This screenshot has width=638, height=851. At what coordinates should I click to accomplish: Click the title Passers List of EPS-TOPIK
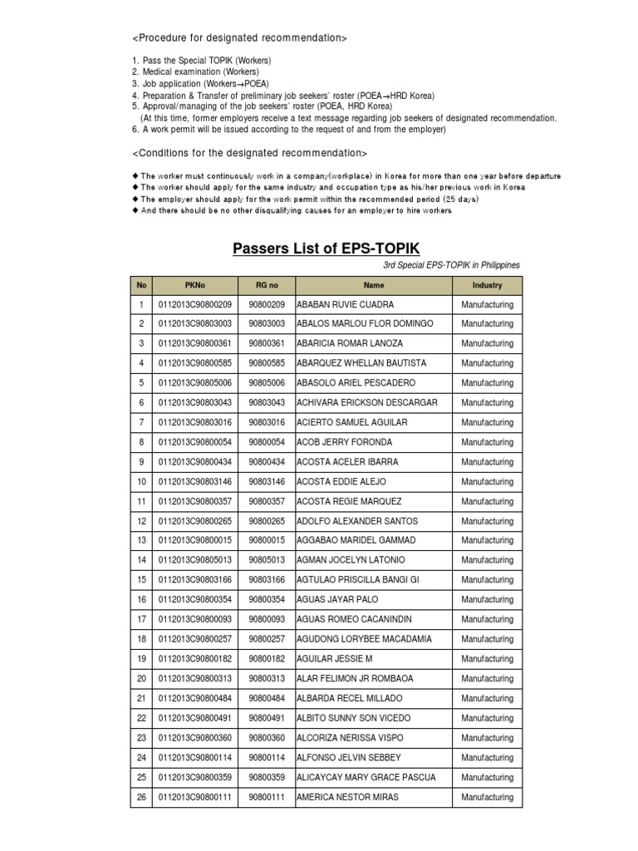coord(326,248)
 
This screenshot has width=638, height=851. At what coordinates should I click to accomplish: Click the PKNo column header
coord(194,285)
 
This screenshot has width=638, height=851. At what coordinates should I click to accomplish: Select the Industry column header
coord(487,285)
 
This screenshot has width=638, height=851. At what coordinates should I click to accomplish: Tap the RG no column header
coord(266,285)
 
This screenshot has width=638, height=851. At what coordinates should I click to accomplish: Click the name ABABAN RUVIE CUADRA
coord(346,305)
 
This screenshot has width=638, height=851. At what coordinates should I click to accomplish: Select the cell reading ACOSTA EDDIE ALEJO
coord(341,482)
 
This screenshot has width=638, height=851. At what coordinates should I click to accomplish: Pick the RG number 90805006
coord(266,383)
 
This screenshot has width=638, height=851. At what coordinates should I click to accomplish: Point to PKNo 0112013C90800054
coord(194,443)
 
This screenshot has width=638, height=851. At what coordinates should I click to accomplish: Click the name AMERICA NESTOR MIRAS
coord(347,797)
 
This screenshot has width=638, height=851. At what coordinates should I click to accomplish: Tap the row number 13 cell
coord(141,541)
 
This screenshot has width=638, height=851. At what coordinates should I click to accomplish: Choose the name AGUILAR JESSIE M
coord(335,659)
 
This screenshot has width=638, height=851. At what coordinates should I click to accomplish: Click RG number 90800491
coord(266,718)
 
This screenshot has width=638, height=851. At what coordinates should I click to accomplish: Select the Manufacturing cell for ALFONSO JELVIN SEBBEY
coord(487,758)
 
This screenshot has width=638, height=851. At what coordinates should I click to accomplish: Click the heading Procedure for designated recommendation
coord(239,38)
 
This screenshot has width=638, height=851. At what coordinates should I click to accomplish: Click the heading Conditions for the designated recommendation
coord(249,154)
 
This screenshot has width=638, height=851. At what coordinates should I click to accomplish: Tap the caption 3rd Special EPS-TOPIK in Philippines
coord(451,265)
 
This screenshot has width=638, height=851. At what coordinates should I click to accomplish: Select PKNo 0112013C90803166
coord(194,580)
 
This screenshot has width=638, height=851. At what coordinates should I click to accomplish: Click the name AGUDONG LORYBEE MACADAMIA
coord(364,639)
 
